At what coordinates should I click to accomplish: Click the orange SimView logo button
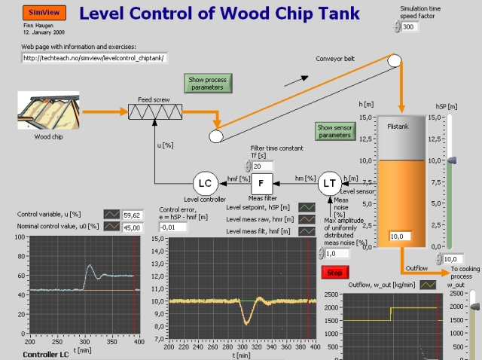tap(34, 13)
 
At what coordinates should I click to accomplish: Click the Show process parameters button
tap(206, 83)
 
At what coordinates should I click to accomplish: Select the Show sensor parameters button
tap(334, 131)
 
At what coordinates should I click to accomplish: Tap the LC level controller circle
tap(204, 182)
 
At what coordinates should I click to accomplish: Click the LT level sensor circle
tap(329, 182)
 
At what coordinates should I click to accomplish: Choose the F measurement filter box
tap(261, 182)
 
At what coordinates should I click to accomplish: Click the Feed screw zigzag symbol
tap(156, 111)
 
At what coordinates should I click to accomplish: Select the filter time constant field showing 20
tap(262, 166)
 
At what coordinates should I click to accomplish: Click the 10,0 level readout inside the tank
tap(398, 236)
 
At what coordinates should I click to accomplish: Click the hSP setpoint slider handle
tap(451, 160)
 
